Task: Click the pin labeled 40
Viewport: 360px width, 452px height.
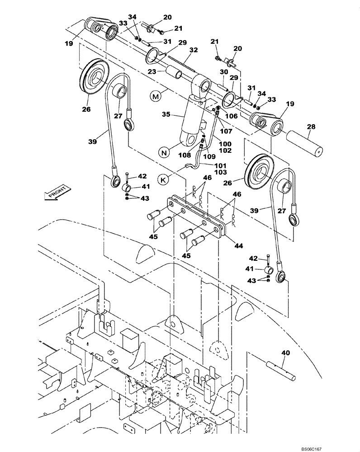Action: pos(281,368)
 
